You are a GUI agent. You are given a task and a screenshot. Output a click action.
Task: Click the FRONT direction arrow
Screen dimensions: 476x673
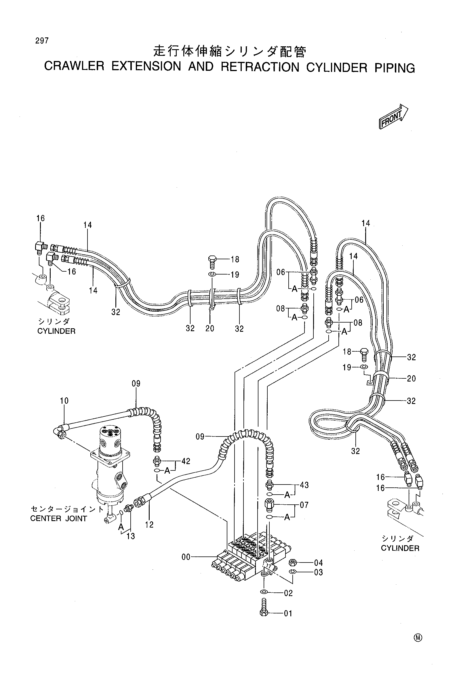[394, 117]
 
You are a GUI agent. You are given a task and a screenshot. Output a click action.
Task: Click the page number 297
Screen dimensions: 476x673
[42, 41]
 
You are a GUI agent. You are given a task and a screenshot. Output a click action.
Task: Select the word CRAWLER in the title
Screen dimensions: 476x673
[74, 66]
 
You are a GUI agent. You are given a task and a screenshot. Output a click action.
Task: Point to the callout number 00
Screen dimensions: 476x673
[186, 557]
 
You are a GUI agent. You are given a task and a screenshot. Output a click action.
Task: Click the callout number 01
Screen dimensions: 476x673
[288, 613]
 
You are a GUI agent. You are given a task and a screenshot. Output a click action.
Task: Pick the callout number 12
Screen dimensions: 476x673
[149, 525]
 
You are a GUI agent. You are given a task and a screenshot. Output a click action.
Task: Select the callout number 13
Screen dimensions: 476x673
[131, 536]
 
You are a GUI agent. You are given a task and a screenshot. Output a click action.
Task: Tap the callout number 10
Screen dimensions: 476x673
[64, 401]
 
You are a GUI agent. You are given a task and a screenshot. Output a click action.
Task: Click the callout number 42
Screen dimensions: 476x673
[186, 461]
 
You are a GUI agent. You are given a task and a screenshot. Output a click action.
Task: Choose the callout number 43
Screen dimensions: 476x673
[304, 485]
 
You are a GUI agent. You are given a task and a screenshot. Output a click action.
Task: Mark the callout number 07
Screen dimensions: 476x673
[304, 505]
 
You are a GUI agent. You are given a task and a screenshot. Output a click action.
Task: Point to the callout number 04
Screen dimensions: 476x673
[318, 563]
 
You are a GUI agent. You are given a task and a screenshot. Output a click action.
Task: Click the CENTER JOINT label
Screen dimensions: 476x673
[59, 518]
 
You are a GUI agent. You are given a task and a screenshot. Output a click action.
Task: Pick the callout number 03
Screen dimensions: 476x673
[318, 573]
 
